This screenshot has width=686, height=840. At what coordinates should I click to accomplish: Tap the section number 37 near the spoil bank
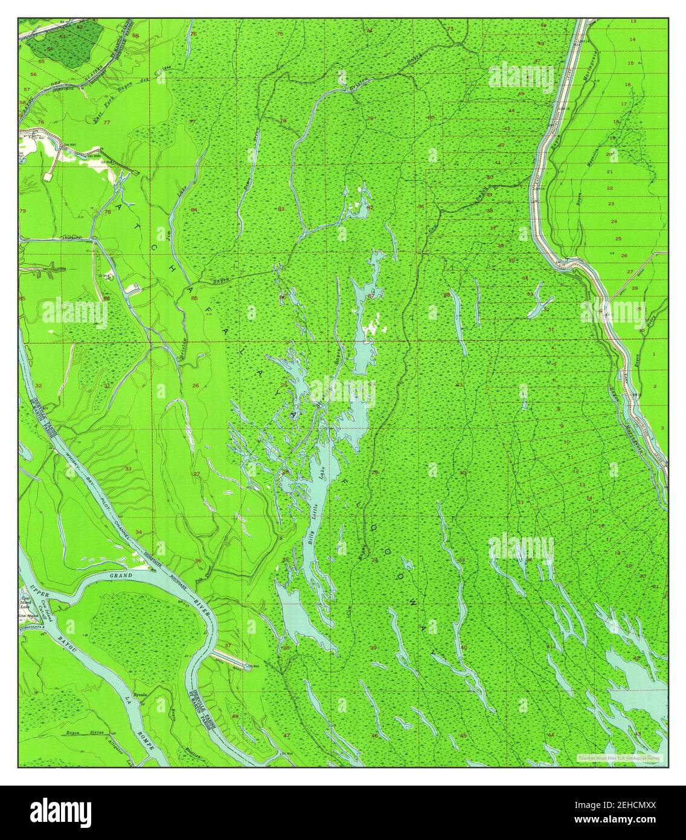(228, 645)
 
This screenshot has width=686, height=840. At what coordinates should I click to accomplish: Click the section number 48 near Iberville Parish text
(235, 716)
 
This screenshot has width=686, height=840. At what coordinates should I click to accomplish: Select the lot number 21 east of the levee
(610, 171)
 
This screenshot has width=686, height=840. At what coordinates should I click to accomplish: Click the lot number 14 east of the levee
(632, 39)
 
